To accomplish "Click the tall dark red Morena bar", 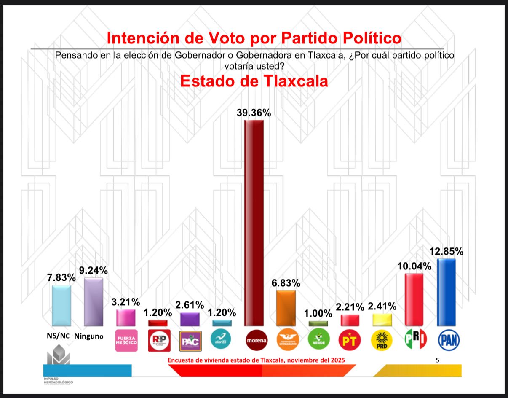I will tap(254, 223).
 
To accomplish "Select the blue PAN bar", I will tap(446, 292).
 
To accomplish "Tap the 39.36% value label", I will tap(254, 113).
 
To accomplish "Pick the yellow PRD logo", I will tap(382, 340).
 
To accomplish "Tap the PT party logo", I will tap(350, 340).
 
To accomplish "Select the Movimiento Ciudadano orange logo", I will tap(286, 340).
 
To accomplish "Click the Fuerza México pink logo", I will tap(127, 341).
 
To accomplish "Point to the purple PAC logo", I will tap(190, 341).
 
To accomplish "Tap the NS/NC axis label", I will tap(58, 336).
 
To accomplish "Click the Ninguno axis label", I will tap(89, 336).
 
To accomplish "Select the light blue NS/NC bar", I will tap(61, 305).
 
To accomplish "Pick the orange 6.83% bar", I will tap(286, 308).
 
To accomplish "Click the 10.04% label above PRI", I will tap(414, 266).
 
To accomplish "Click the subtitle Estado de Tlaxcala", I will tap(254, 81).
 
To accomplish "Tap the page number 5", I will tap(437, 360).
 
